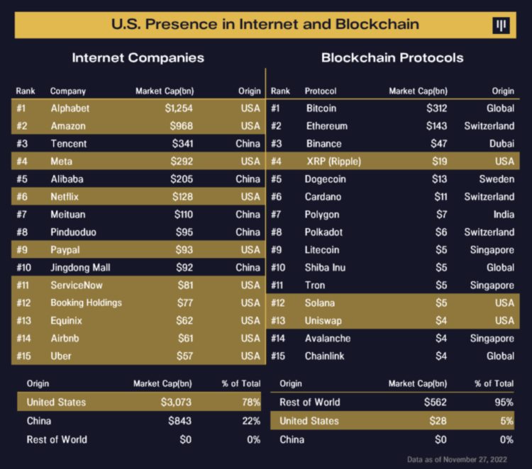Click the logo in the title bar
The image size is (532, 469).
coord(501,26)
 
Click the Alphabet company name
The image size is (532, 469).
coord(70,108)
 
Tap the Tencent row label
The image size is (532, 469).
coord(68,144)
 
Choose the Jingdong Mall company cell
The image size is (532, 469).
coord(80,268)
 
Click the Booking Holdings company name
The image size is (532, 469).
coord(86,303)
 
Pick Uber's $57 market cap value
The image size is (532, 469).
coord(184,356)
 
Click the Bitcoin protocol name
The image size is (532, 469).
coord(321,108)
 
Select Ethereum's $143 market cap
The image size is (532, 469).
coord(436,126)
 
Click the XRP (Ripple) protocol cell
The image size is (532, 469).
coord(333,162)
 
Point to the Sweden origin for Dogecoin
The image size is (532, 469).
coord(497,179)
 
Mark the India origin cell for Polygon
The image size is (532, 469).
coord(502,215)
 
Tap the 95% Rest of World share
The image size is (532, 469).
coord(503,402)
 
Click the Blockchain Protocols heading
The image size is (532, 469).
coord(392,58)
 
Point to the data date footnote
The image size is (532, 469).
coord(461,459)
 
